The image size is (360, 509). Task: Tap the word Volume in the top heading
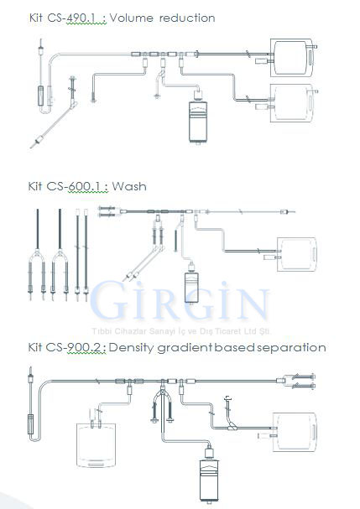click(131, 18)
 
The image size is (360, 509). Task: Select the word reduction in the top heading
click(187, 18)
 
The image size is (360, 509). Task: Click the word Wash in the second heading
click(129, 186)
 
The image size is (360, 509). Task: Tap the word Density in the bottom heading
click(131, 348)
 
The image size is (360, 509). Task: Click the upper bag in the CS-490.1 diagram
click(292, 58)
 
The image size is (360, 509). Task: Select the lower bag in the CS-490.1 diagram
click(292, 103)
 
